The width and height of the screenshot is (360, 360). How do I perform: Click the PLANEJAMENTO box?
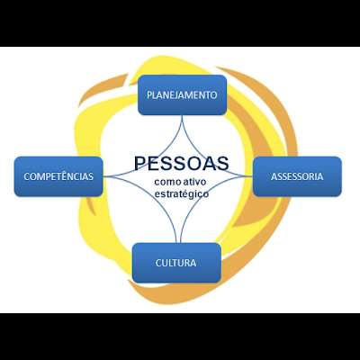pyautogui.click(x=182, y=95)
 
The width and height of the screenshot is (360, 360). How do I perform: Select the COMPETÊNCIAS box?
pyautogui.click(x=58, y=176)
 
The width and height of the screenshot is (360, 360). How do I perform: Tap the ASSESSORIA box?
pyautogui.click(x=297, y=176)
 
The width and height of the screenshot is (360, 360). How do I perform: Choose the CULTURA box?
pyautogui.click(x=176, y=263)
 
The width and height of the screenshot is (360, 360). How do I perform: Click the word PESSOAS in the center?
pyautogui.click(x=181, y=164)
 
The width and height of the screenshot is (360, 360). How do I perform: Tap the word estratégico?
pyautogui.click(x=182, y=193)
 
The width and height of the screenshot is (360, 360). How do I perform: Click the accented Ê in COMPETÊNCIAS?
pyautogui.click(x=64, y=175)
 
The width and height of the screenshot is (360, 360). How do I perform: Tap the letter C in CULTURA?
pyautogui.click(x=158, y=263)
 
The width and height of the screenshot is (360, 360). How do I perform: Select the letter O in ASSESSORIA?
pyautogui.click(x=306, y=176)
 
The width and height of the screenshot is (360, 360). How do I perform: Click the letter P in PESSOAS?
pyautogui.click(x=140, y=164)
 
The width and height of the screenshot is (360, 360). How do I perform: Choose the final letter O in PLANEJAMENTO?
pyautogui.click(x=213, y=95)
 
